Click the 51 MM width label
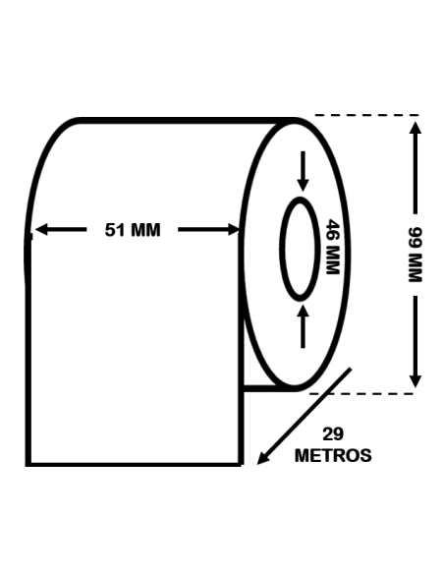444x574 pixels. (x=132, y=231)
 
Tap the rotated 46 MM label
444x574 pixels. (x=331, y=247)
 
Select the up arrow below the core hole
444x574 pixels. (x=303, y=324)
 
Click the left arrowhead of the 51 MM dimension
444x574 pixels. (x=39, y=231)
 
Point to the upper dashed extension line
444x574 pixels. (x=363, y=116)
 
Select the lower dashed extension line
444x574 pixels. (x=363, y=393)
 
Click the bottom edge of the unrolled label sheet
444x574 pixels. (x=134, y=463)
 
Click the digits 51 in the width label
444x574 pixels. (x=114, y=231)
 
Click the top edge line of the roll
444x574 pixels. (x=187, y=120)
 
